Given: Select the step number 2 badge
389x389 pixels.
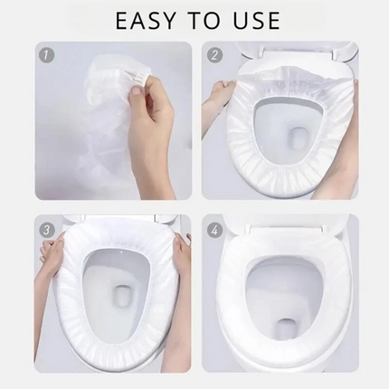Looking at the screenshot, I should point(214,55).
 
